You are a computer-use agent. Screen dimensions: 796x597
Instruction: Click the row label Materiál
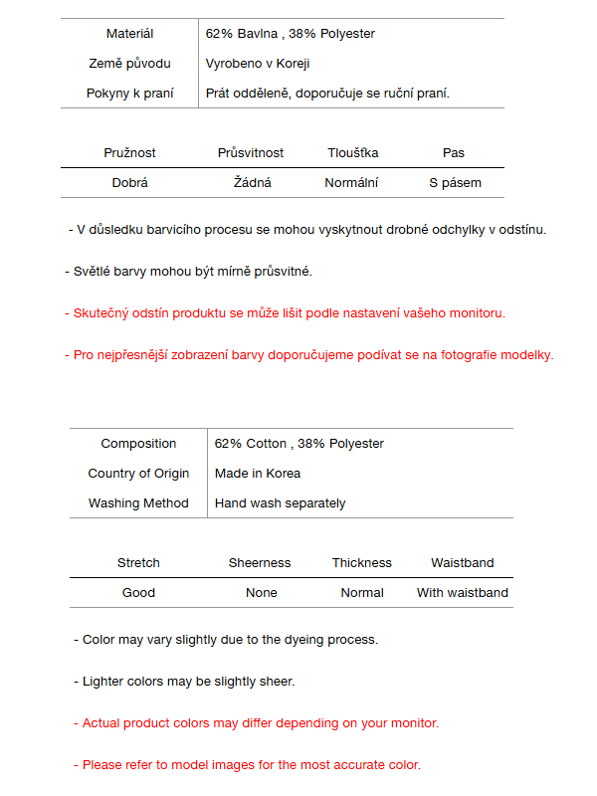[x=129, y=34]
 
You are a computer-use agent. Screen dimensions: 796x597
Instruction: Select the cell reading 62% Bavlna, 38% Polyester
[x=290, y=34]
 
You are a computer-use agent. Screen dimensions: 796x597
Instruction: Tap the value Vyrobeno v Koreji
[x=258, y=64]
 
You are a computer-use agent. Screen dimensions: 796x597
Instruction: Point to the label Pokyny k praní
[x=129, y=94]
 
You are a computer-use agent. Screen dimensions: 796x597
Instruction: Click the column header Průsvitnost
[x=251, y=153]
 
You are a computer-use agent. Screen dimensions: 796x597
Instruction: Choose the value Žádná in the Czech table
[x=253, y=183]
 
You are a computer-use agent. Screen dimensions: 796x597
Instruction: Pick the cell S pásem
[x=455, y=183]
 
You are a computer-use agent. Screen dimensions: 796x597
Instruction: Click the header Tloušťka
[x=353, y=153]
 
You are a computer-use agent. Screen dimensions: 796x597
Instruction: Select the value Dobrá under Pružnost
[x=130, y=183]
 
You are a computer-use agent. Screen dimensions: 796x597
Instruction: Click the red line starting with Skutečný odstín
[x=285, y=313]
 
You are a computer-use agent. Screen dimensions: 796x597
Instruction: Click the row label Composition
[x=138, y=444]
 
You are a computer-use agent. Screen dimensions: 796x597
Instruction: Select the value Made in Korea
[x=258, y=474]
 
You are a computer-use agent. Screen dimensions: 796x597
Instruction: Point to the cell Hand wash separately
[x=281, y=503]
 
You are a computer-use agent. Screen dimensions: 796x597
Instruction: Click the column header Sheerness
[x=260, y=563]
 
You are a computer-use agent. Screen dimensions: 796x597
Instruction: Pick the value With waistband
[x=462, y=593]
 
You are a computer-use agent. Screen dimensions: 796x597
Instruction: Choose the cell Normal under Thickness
[x=362, y=593]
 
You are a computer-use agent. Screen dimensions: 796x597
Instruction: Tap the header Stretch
[x=138, y=563]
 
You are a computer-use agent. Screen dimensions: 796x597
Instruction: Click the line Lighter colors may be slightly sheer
[x=184, y=682]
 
